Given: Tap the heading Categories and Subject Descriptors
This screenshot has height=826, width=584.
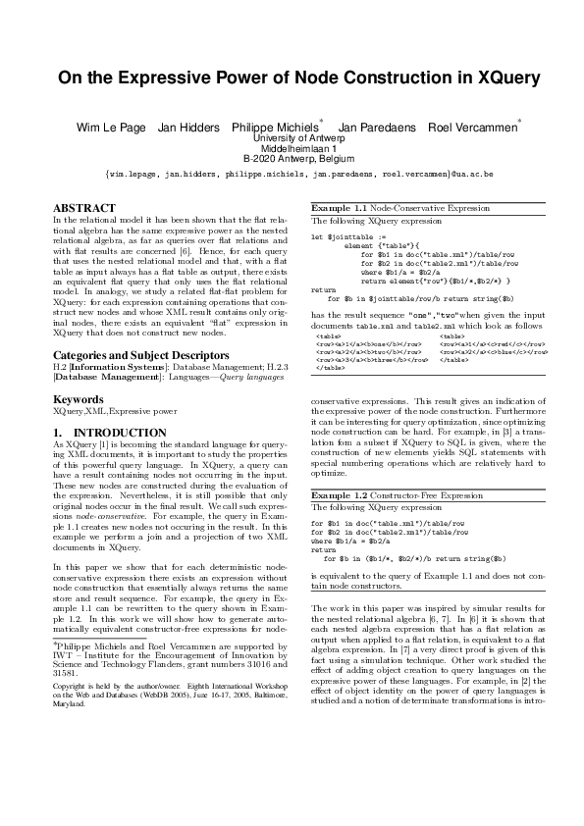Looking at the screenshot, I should point(141,354).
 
